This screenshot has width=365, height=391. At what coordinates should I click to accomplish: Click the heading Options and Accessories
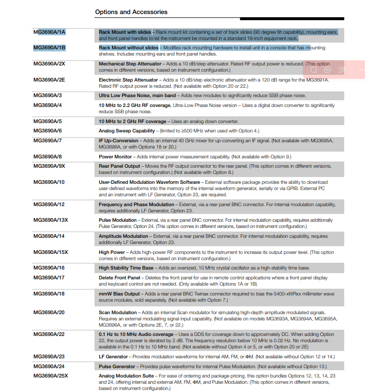click(x=131, y=11)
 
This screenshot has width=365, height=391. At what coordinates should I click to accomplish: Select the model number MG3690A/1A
click(x=49, y=32)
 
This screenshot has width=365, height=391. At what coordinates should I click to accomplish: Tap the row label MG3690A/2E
click(x=49, y=80)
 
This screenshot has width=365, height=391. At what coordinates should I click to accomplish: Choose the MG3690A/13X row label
click(x=51, y=220)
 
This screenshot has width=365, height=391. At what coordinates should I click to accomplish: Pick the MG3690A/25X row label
click(x=51, y=375)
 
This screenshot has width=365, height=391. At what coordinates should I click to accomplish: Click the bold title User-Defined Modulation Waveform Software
click(x=150, y=182)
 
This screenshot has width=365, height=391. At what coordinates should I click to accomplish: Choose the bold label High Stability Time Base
click(x=126, y=268)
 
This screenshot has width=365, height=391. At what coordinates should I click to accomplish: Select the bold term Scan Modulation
click(x=118, y=313)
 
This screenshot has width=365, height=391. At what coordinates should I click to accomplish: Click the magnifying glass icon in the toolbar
click(x=314, y=70)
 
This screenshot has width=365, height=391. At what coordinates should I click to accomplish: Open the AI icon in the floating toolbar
click(x=328, y=70)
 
